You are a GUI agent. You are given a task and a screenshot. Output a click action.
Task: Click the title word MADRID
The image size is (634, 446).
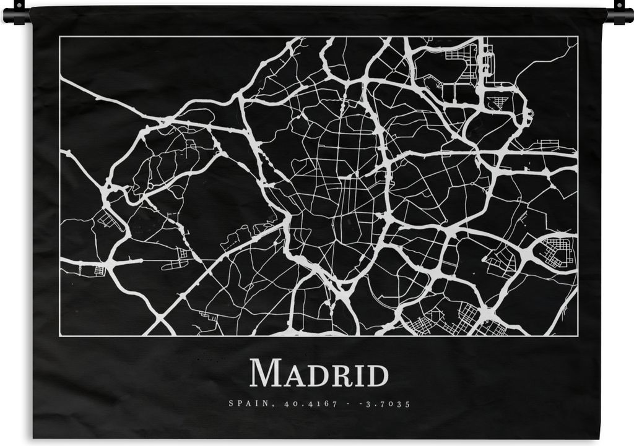319,374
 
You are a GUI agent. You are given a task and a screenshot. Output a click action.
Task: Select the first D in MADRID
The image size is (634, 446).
311,375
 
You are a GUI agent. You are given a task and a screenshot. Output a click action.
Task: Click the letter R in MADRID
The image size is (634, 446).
336,375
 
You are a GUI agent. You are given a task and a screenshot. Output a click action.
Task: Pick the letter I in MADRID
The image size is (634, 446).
354,375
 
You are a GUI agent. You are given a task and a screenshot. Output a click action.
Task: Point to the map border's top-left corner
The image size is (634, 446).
60,37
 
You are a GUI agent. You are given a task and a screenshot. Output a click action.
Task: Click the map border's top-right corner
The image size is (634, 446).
578,37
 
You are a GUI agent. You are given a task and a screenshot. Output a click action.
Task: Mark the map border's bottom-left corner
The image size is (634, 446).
60,335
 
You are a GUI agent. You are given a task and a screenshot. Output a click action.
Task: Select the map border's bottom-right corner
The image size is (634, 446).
578,335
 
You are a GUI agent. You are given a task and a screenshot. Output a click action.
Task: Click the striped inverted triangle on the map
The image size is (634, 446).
496,102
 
